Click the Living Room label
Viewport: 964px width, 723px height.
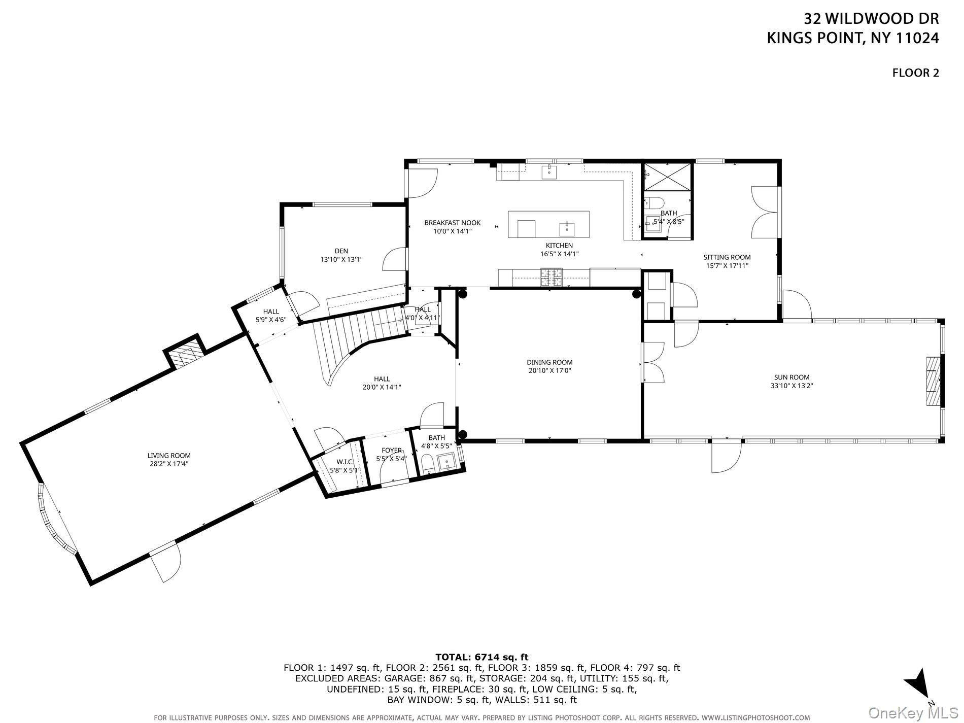[x=169, y=456]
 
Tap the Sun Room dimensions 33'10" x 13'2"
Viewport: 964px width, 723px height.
[x=791, y=386]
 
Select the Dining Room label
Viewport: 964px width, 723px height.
[x=549, y=362]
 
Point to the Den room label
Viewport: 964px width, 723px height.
[x=341, y=251]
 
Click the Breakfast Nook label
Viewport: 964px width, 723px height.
[x=452, y=223]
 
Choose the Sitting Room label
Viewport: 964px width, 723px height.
[x=727, y=257]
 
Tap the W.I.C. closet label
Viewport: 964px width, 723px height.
[x=345, y=462]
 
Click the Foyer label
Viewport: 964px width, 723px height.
[x=392, y=450]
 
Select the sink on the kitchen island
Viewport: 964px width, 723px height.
[x=567, y=229]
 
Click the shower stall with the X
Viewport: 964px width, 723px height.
[x=666, y=176]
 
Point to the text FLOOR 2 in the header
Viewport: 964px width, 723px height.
[x=915, y=73]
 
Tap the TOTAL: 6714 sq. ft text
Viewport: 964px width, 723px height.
[x=481, y=658]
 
